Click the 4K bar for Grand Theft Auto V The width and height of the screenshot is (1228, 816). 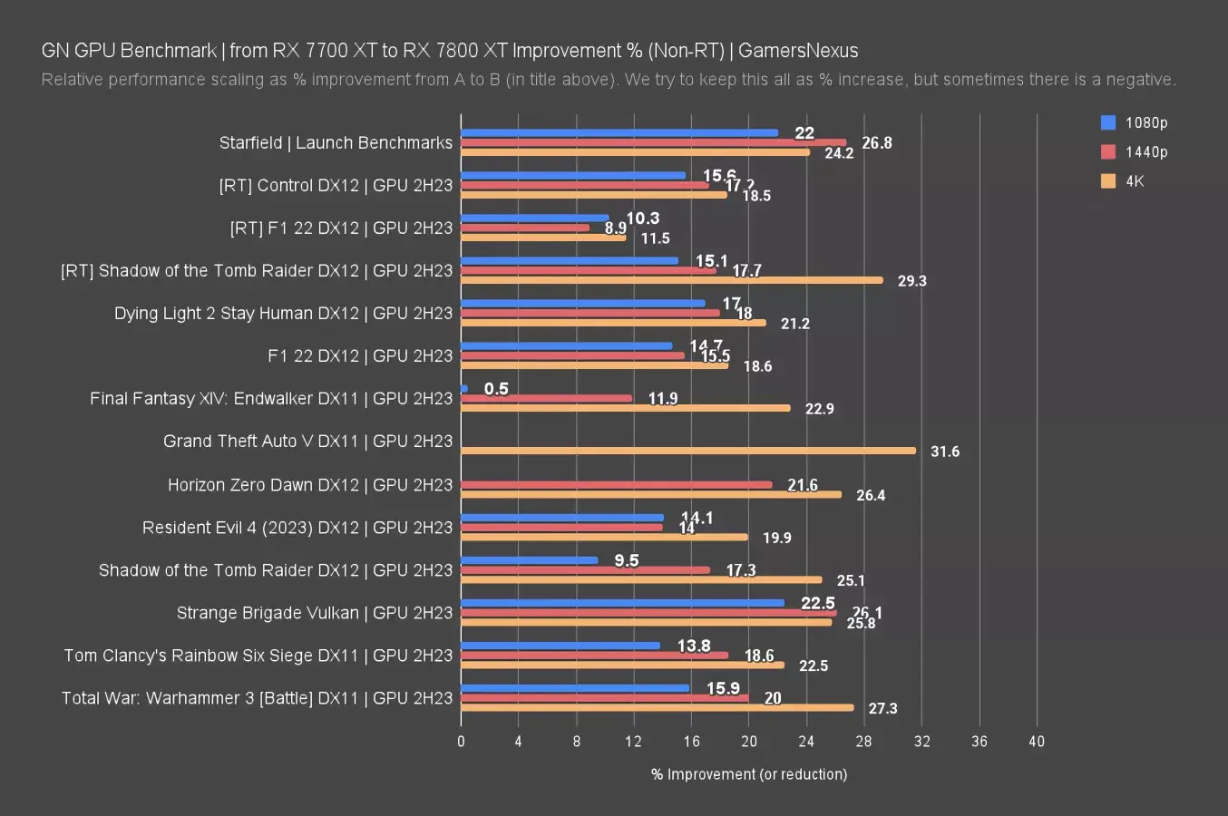688,451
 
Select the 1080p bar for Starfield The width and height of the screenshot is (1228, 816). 619,132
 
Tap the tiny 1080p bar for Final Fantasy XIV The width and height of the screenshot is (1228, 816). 464,388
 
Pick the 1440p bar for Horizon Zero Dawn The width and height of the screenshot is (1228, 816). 617,484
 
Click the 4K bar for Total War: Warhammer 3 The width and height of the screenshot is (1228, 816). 658,707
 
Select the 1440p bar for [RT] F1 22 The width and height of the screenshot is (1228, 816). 525,228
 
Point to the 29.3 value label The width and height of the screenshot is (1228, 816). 911,281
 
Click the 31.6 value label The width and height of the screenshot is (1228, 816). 944,452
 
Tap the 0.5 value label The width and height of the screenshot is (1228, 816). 496,389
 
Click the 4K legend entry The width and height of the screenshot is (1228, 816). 1135,180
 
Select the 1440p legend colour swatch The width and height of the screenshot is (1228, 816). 1107,151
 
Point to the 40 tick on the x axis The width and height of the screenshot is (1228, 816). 1036,742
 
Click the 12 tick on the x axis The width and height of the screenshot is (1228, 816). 633,742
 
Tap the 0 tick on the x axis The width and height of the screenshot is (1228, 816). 461,742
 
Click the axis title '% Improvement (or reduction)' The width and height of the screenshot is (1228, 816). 748,774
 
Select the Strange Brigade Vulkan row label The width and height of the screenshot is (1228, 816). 314,613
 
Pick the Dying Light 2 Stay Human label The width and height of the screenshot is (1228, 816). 283,314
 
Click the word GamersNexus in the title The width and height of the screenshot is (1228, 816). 797,51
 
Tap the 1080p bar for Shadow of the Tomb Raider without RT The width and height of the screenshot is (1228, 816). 530,559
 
